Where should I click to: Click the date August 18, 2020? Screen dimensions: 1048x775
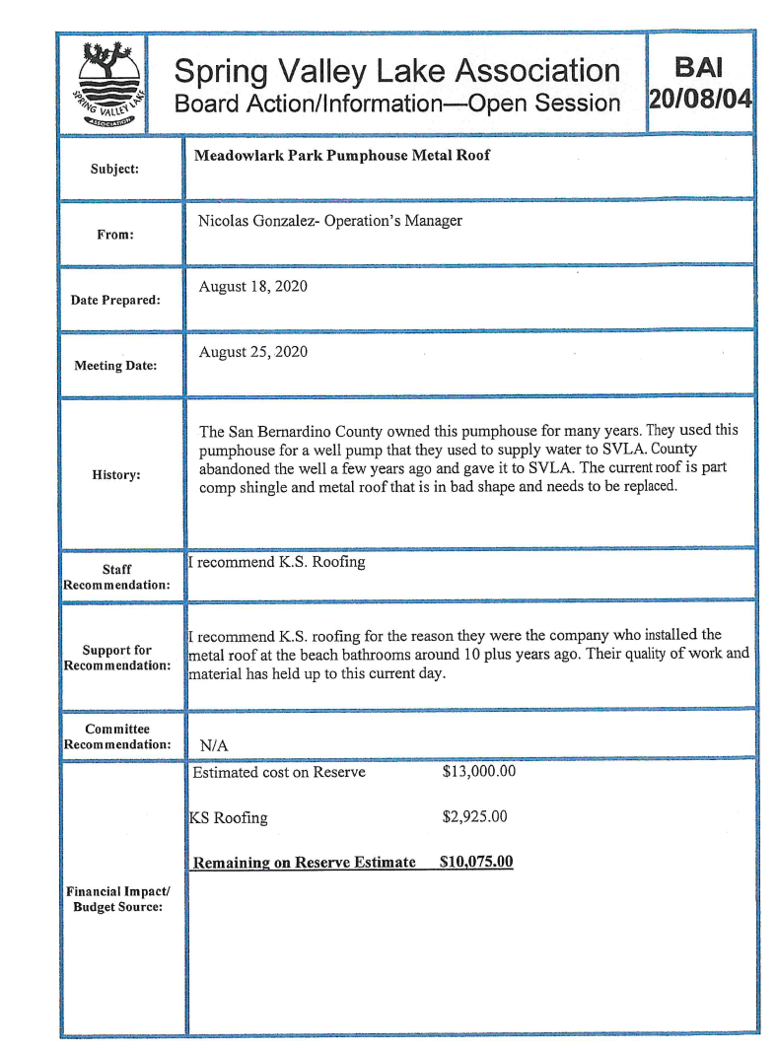coord(253,287)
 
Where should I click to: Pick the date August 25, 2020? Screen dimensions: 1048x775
coord(253,352)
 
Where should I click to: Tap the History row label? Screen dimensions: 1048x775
coord(116,474)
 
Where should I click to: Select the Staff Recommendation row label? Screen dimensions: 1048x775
coord(116,577)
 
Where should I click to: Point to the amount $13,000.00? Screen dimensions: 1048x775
coord(478,772)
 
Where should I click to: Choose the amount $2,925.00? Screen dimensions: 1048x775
coord(474,817)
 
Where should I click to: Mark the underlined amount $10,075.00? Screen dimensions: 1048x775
coord(476,863)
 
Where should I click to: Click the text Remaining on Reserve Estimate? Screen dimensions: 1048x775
coord(305,863)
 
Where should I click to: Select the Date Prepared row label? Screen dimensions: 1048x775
coord(116,300)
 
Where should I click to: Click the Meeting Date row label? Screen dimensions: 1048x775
coord(116,367)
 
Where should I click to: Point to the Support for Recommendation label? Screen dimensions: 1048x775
coord(116,657)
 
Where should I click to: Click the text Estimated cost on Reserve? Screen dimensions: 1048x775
coord(279,772)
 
